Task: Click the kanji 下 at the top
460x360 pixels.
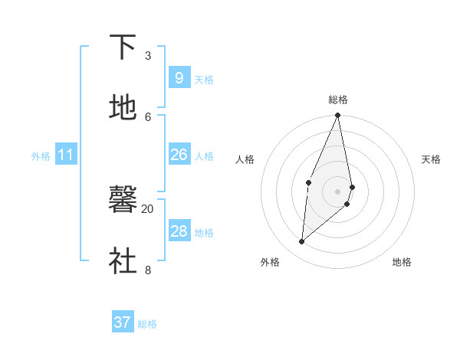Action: pyautogui.click(x=123, y=48)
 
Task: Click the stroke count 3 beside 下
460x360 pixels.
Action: pyautogui.click(x=148, y=56)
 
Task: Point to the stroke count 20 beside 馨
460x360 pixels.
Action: pyautogui.click(x=147, y=208)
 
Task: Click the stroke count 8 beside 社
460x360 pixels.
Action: pyautogui.click(x=148, y=269)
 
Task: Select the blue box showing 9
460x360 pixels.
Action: pyautogui.click(x=179, y=78)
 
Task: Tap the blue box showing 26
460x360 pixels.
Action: pyautogui.click(x=179, y=155)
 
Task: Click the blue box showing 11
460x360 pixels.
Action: pyautogui.click(x=65, y=155)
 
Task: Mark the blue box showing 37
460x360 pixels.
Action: pyautogui.click(x=122, y=322)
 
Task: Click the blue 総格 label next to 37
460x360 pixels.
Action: pyautogui.click(x=147, y=324)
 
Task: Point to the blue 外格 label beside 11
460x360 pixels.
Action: pyautogui.click(x=41, y=156)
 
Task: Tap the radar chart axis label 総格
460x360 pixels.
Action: pyautogui.click(x=338, y=100)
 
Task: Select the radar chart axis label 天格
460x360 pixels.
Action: pyautogui.click(x=431, y=159)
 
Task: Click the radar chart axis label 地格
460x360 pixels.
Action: pyautogui.click(x=402, y=262)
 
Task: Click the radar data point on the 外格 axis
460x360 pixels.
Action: pyautogui.click(x=302, y=241)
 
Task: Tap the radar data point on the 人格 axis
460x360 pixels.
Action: pyautogui.click(x=308, y=182)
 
